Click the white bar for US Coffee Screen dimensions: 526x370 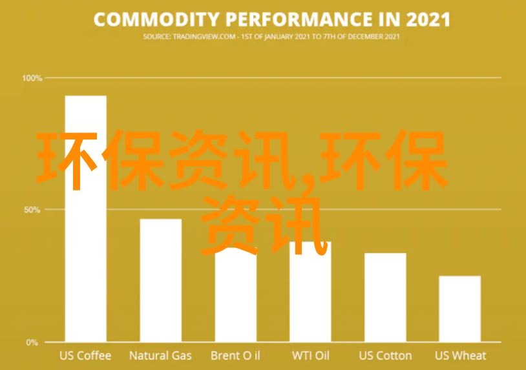(x=86, y=218)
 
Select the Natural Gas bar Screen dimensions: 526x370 (x=161, y=280)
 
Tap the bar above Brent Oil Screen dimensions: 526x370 (x=236, y=295)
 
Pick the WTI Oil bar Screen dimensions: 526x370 (x=310, y=292)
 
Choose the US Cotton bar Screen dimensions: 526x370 (x=385, y=297)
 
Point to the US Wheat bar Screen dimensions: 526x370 (x=460, y=309)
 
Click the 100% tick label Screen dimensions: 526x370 (x=32, y=78)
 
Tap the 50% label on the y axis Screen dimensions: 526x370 (x=32, y=210)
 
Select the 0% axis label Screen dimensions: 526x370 (x=32, y=342)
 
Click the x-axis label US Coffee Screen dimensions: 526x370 (x=85, y=356)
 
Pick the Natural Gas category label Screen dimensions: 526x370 (x=160, y=356)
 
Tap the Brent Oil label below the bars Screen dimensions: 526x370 (x=235, y=356)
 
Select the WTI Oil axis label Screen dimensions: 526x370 (x=311, y=356)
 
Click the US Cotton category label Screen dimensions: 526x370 (x=385, y=356)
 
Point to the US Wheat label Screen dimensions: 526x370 (x=460, y=356)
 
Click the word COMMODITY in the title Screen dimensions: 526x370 (x=156, y=19)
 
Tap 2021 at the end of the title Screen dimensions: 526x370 (x=428, y=19)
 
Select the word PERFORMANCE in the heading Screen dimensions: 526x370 (x=299, y=19)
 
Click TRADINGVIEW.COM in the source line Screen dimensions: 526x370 (x=204, y=37)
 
